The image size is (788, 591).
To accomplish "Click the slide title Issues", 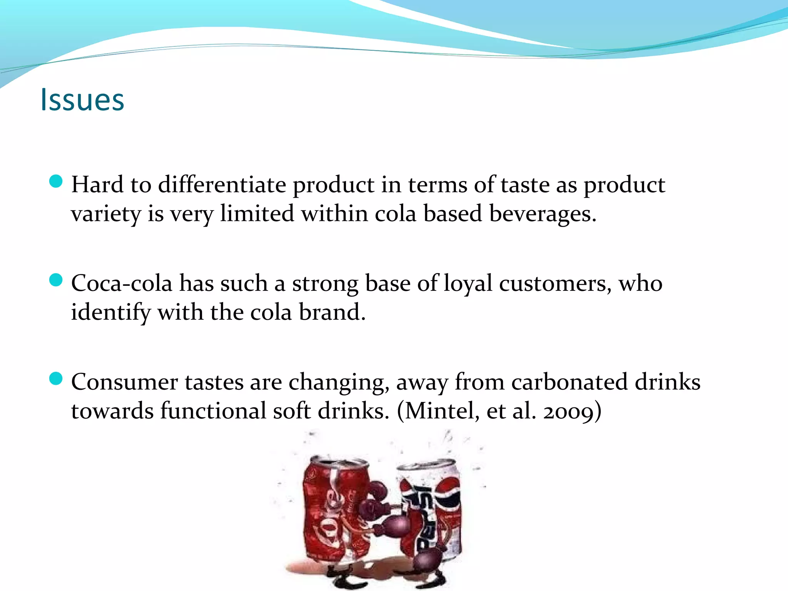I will pos(82,100).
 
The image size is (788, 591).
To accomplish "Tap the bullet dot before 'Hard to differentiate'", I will pos(56,181).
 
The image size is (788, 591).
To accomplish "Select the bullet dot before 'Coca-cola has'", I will pos(56,280).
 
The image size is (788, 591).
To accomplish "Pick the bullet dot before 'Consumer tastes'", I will pos(56,379).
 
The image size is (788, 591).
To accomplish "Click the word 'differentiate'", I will pos(222,185).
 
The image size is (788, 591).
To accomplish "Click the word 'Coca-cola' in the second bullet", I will pos(122,284).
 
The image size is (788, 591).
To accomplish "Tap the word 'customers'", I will pos(554,284).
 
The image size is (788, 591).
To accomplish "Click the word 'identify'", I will pos(110,312).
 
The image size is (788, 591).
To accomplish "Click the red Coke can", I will pos(335,512).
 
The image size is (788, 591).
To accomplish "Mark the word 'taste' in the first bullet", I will pos(525,185).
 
